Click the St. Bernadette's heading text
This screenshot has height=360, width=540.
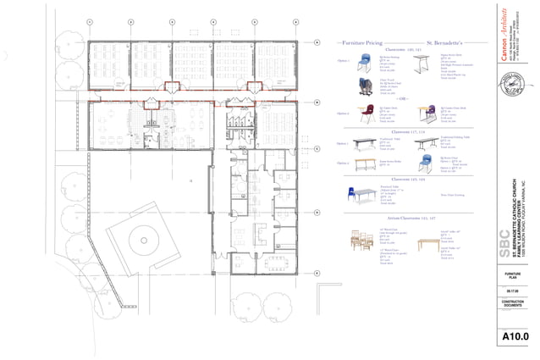pos(444,42)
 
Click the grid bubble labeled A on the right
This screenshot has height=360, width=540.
pos(317,41)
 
